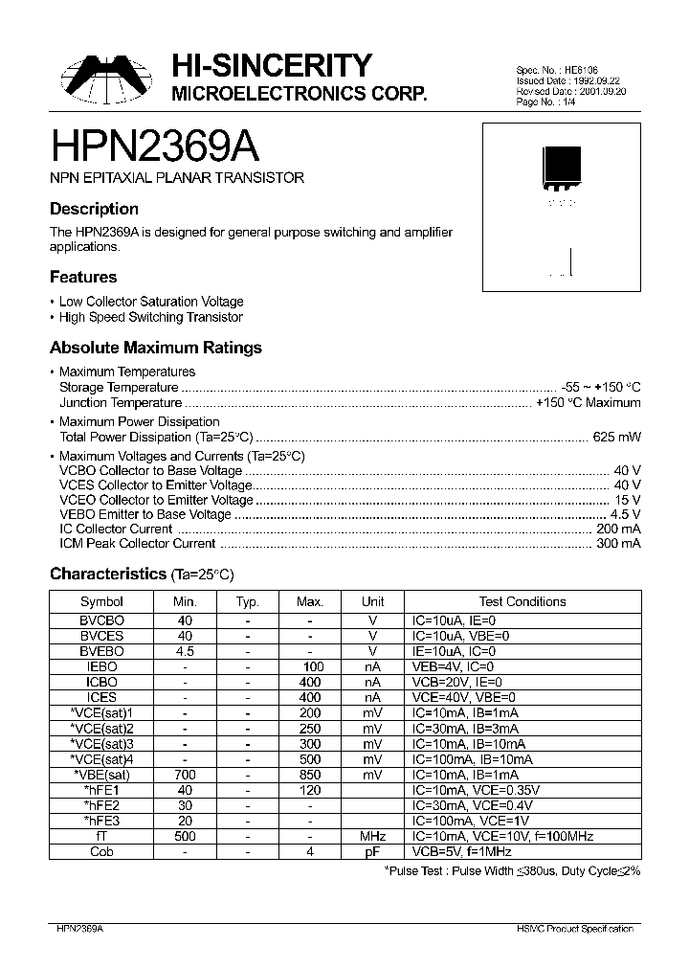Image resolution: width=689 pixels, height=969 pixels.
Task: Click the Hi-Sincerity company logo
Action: [x=106, y=79]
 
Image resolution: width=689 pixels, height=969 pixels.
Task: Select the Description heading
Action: [x=94, y=209]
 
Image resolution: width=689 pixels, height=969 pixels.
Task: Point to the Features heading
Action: [x=83, y=278]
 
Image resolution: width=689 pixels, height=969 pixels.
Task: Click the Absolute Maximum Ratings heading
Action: [x=155, y=349]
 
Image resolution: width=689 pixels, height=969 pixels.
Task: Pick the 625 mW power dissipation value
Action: [x=618, y=437]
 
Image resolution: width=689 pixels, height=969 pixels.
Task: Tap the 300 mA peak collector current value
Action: [x=618, y=544]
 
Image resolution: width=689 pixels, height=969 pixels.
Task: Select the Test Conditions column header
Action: [x=522, y=601]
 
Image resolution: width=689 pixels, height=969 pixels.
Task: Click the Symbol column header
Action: [x=101, y=601]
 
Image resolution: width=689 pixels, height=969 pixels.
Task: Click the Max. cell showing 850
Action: [x=310, y=775]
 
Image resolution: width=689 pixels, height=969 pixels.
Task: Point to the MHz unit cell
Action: [x=373, y=836]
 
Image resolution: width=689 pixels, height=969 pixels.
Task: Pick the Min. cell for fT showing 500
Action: [x=185, y=836]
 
